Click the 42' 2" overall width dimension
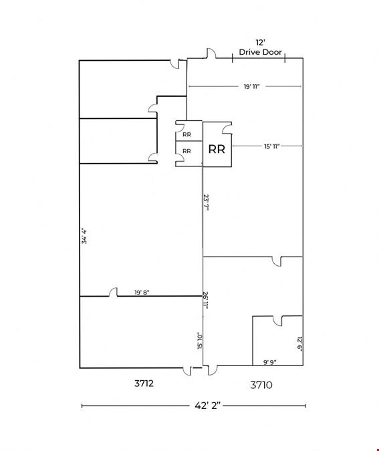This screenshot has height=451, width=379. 207,406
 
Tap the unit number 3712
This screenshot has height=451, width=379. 144,383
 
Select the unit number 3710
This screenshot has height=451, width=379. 261,385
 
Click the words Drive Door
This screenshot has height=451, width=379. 260,52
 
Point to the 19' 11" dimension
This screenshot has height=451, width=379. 252,86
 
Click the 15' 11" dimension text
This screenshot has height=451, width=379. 272,146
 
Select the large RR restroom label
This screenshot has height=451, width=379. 217,149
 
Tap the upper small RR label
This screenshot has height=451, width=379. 186,134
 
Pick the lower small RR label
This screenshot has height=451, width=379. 186,151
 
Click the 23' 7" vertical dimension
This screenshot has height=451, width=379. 206,202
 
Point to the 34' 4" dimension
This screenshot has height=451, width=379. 84,236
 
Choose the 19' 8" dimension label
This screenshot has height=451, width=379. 142,293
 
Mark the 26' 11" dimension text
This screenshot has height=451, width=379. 205,300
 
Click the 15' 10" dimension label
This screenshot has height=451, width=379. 200,341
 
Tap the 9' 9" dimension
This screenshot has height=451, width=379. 270,362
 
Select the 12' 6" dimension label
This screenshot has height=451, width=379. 299,343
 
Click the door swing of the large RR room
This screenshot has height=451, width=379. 227,128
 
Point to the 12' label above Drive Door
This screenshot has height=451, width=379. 260,43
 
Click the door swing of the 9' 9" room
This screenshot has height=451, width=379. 278,321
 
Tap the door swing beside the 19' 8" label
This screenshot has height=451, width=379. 113,292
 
